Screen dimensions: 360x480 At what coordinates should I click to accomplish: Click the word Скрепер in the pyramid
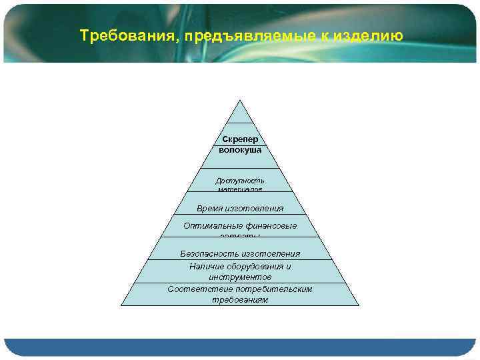[240, 139]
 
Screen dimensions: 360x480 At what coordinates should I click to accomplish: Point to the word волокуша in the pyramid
[240, 150]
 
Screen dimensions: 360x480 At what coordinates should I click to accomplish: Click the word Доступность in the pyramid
[240, 181]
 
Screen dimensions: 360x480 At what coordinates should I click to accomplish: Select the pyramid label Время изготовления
[240, 209]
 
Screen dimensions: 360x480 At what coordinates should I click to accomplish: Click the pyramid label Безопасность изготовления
[240, 254]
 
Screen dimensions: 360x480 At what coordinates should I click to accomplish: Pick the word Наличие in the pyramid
[207, 267]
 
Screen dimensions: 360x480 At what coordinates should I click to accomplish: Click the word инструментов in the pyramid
[240, 277]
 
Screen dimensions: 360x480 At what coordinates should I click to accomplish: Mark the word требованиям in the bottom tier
[240, 300]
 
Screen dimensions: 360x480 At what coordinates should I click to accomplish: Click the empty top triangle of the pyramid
[240, 115]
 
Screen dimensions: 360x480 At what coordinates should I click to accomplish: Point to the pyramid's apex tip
[240, 101]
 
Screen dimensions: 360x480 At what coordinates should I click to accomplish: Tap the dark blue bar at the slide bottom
[240, 347]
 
